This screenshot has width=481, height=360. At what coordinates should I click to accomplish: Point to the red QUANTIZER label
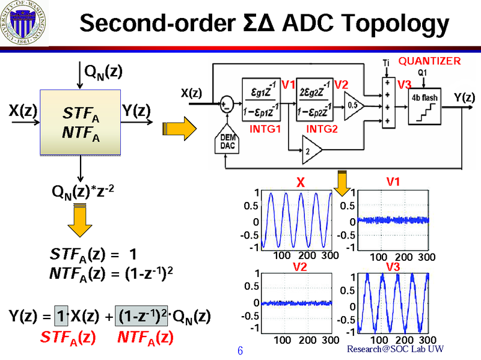click(430, 61)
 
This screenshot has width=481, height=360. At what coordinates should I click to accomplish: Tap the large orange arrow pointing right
click(180, 127)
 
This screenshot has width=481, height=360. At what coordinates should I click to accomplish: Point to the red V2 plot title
click(299, 267)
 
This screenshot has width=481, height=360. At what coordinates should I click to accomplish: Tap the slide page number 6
click(240, 350)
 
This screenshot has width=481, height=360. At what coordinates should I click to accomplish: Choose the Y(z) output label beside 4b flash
click(464, 97)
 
